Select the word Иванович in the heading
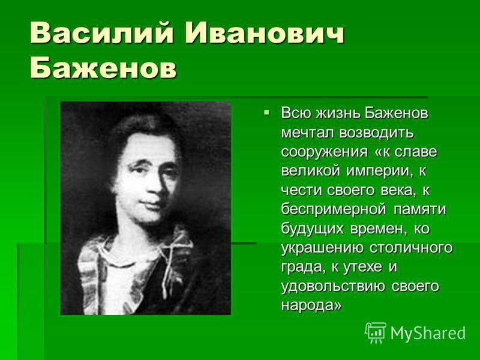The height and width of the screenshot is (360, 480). (x=265, y=33)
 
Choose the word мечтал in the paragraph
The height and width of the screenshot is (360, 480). (x=308, y=133)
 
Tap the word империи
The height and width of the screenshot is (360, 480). (x=377, y=172)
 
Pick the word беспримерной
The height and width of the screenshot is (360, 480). (x=334, y=209)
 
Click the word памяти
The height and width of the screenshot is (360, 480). (x=420, y=209)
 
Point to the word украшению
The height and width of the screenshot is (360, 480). (x=322, y=248)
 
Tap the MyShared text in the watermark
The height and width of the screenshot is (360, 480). (x=428, y=333)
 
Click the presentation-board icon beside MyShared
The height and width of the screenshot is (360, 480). (x=376, y=332)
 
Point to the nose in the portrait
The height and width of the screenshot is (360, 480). (x=152, y=187)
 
